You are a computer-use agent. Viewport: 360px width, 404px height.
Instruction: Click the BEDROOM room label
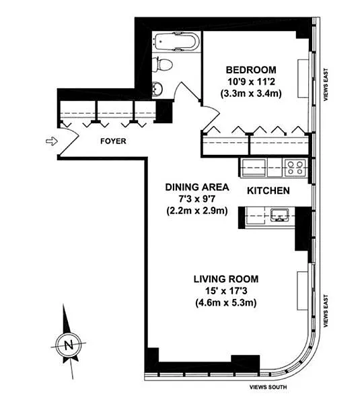251,70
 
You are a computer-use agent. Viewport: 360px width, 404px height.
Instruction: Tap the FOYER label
113,141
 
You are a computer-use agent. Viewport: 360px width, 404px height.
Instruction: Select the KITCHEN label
268,191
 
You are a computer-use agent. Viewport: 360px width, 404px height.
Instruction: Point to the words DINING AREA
197,187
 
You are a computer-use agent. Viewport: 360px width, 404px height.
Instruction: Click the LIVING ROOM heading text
226,279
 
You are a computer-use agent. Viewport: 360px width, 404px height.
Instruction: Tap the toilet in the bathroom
162,65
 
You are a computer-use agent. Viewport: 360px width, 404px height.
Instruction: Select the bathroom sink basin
157,89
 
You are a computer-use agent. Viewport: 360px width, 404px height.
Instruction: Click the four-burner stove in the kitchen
295,168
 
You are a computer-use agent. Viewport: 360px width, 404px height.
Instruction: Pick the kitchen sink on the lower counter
279,215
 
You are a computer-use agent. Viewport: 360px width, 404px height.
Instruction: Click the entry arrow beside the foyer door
52,141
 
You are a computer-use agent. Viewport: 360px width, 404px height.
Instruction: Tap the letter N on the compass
69,345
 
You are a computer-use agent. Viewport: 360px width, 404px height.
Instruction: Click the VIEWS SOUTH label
268,387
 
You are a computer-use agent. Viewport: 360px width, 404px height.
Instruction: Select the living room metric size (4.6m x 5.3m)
226,302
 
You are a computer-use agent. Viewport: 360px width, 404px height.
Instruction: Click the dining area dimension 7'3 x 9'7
197,199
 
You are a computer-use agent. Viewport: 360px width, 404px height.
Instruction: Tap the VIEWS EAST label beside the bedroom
326,85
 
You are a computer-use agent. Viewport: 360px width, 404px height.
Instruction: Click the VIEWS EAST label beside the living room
326,311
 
